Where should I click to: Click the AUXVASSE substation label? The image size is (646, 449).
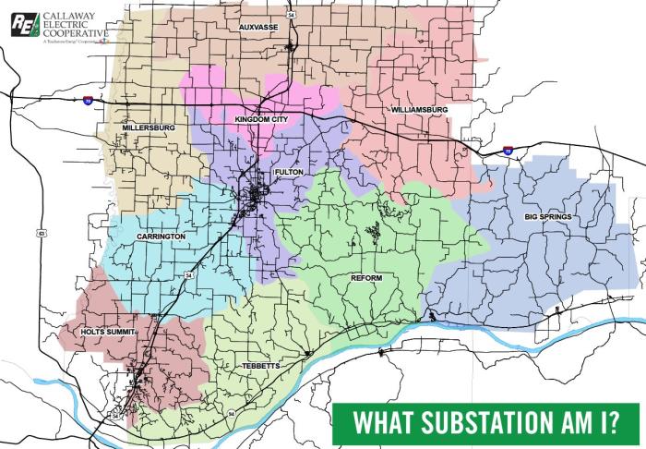[258, 28]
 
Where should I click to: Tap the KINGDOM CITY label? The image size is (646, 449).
[261, 119]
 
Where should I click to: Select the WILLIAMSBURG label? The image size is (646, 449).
[419, 110]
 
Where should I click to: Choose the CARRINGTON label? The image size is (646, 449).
[161, 237]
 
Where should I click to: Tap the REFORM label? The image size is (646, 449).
[366, 277]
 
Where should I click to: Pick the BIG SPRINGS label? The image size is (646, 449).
[548, 216]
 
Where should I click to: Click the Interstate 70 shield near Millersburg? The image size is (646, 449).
[87, 99]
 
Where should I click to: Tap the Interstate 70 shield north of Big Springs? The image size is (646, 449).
[508, 149]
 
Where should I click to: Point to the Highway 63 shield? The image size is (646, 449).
[41, 232]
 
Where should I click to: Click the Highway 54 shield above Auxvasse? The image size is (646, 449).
[290, 16]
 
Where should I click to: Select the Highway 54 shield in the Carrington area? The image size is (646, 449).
[188, 275]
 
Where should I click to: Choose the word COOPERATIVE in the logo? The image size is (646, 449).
[77, 33]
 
